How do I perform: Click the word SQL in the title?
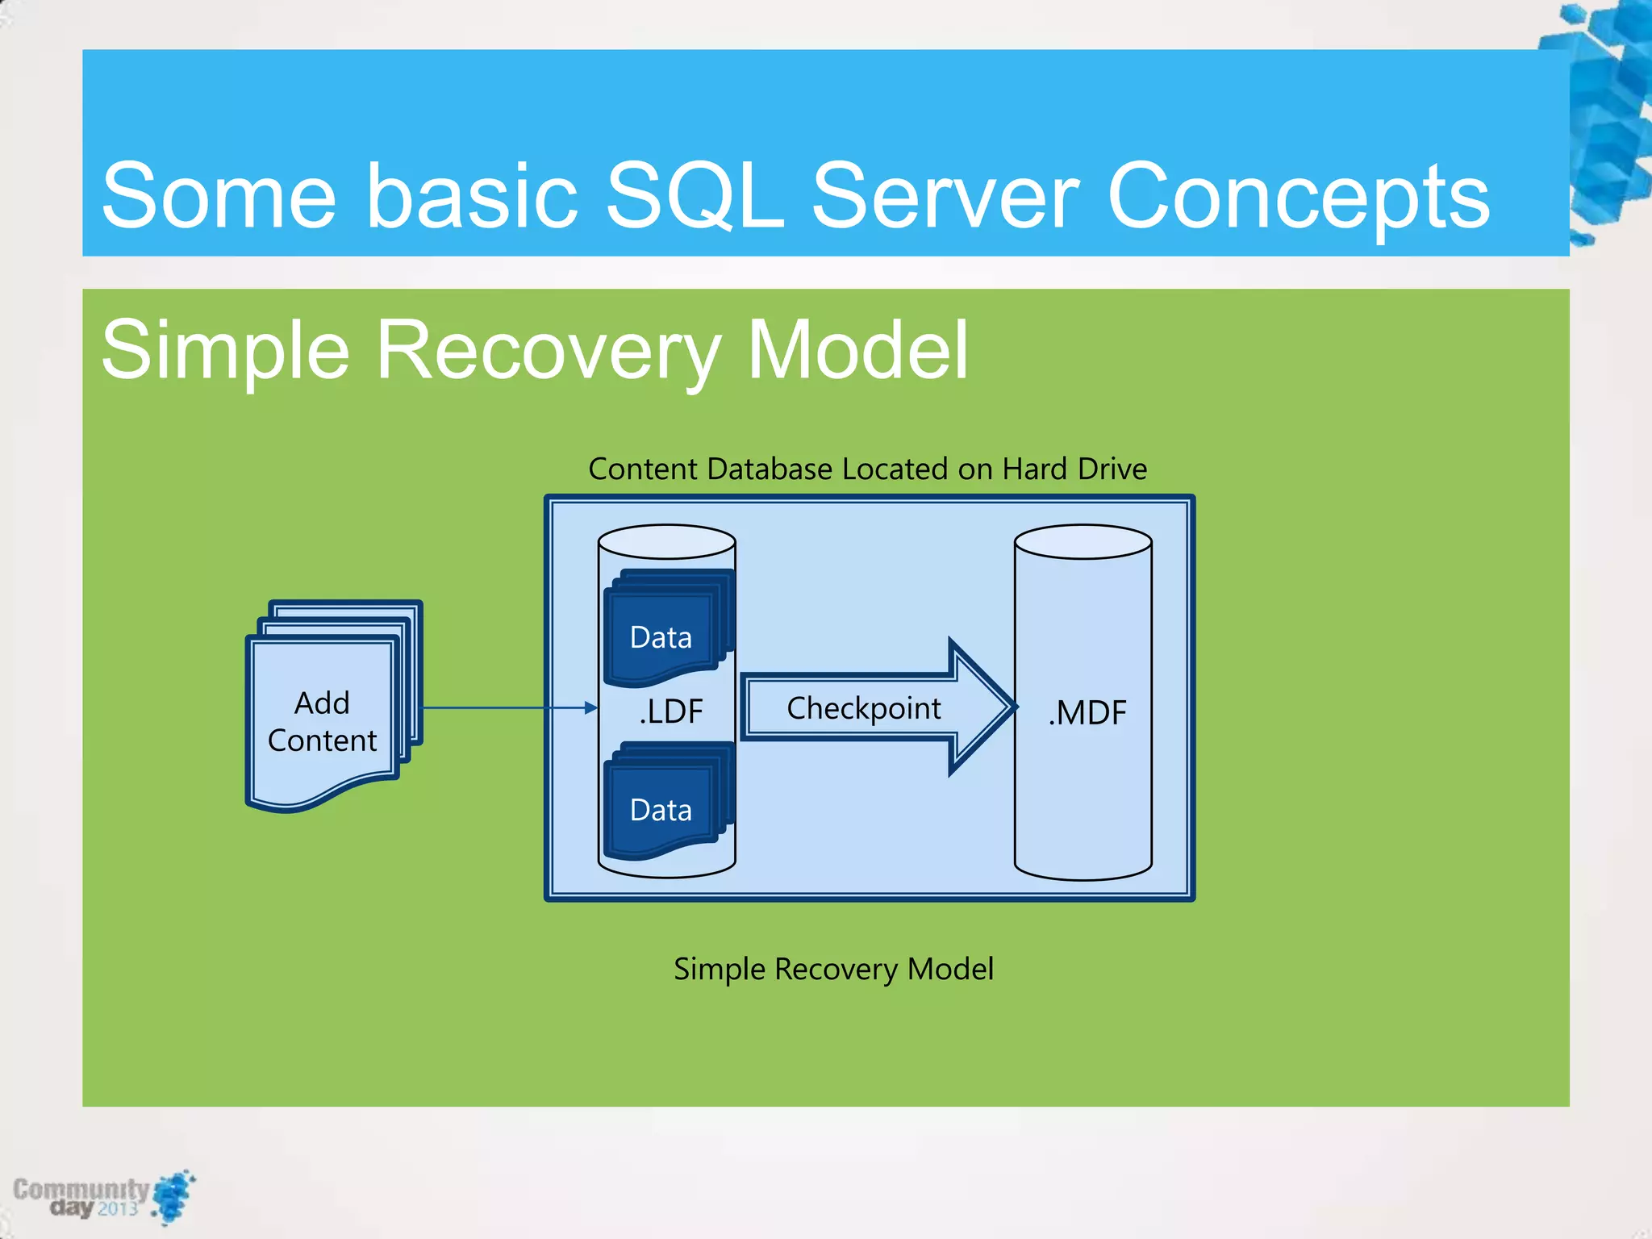point(695,196)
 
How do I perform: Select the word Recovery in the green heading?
point(548,350)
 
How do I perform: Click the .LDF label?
point(671,711)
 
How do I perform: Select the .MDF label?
point(1087,713)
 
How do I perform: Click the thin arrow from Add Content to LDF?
point(508,707)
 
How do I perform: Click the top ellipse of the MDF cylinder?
point(1083,541)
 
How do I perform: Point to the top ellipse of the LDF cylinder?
point(666,541)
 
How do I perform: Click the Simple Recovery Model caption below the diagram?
point(833,968)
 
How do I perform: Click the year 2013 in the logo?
point(118,1208)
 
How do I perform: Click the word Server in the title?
point(945,196)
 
